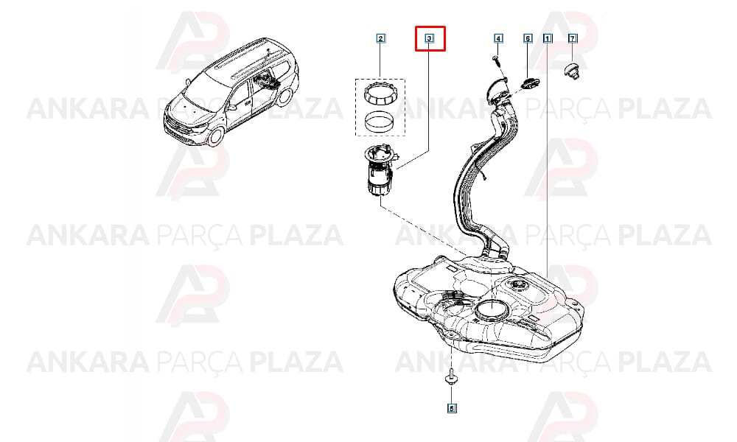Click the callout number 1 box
click(547, 38)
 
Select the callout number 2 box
click(381, 38)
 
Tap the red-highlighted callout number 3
click(430, 38)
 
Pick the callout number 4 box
click(498, 38)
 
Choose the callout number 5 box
click(452, 409)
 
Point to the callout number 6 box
click(528, 38)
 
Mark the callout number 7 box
click(573, 38)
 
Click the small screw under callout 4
click(497, 60)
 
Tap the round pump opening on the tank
click(492, 309)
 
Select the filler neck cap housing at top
click(496, 91)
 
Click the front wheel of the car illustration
click(216, 134)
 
